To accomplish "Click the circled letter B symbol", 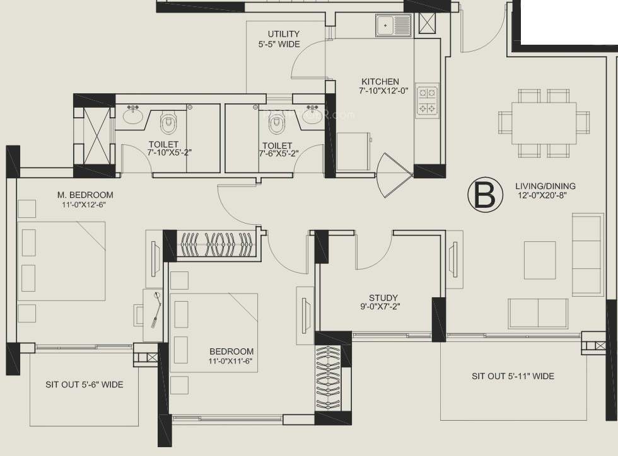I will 484,195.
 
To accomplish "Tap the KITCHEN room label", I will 380,82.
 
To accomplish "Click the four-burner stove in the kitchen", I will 427,100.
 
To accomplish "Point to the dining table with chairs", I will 544,123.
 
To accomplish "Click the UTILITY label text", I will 283,34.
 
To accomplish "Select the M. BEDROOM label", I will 84,194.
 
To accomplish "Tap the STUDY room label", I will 383,298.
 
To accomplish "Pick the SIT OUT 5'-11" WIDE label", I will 513,376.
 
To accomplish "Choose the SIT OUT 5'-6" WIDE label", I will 84,384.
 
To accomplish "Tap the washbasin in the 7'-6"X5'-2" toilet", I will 312,115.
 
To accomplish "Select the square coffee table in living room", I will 540,260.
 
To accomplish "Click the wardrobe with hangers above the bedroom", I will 217,244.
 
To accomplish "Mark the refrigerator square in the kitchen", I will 353,151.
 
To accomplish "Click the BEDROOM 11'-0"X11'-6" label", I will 231,356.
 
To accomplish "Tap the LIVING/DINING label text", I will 545,186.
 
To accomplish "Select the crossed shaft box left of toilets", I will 94,135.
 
